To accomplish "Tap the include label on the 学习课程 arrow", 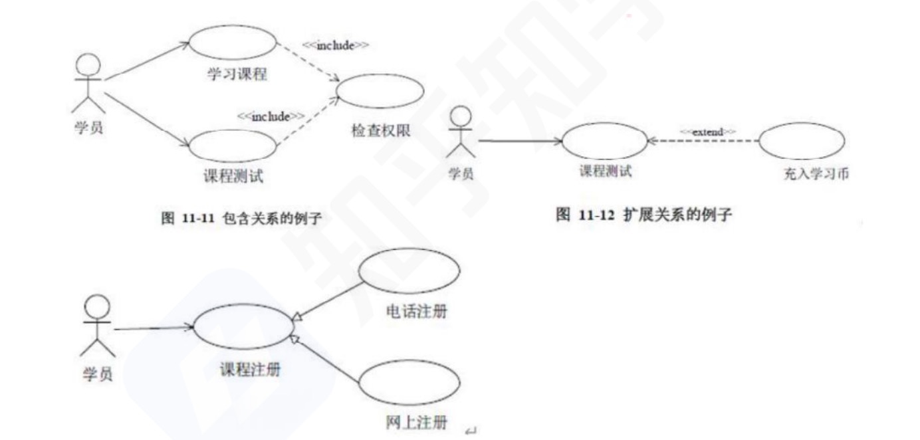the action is pyautogui.click(x=336, y=45).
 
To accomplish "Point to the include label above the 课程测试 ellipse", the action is pyautogui.click(x=271, y=117).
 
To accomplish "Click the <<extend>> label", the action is pyautogui.click(x=708, y=132).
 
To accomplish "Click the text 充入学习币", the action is pyautogui.click(x=816, y=173).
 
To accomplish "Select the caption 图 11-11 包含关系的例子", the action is pyautogui.click(x=241, y=218).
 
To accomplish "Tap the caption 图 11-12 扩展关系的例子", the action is pyautogui.click(x=643, y=215).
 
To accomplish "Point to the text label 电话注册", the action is pyautogui.click(x=417, y=312).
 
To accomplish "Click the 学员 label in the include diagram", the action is pyautogui.click(x=88, y=127).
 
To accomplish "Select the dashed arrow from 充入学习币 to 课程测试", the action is pyautogui.click(x=703, y=141).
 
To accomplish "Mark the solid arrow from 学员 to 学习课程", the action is pyautogui.click(x=147, y=60).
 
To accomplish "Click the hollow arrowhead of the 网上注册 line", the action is pyautogui.click(x=294, y=339).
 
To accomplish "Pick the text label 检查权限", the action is pyautogui.click(x=381, y=131).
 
